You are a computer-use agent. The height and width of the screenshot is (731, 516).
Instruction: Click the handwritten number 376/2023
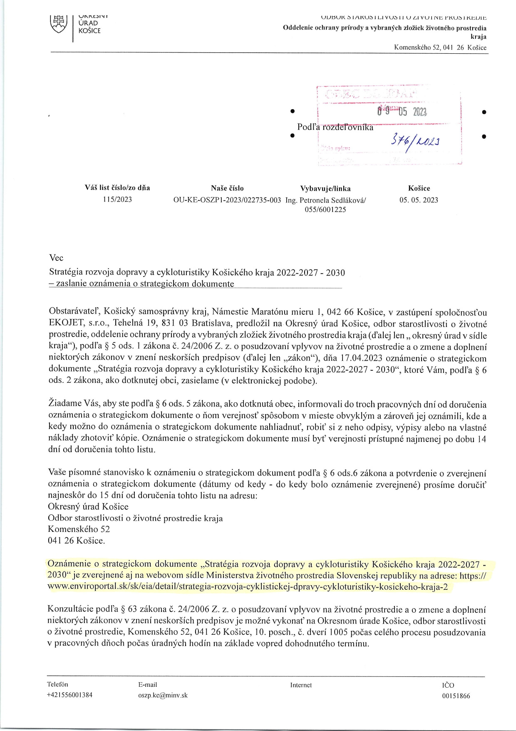[x=415, y=141]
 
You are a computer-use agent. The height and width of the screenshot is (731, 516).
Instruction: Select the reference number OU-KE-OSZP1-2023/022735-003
[x=227, y=200]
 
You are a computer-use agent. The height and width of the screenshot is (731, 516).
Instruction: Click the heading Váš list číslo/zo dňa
[x=117, y=188]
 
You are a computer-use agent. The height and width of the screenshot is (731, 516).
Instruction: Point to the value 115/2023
[x=117, y=200]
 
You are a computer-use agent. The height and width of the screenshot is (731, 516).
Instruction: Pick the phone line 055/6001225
[x=325, y=210]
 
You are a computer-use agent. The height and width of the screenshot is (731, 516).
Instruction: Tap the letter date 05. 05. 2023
[x=419, y=200]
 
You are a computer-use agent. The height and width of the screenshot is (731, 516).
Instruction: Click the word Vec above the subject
[x=56, y=258]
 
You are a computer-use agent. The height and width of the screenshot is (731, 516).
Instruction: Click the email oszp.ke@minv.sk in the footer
[x=163, y=695]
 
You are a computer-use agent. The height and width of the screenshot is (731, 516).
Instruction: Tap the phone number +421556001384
[x=70, y=695]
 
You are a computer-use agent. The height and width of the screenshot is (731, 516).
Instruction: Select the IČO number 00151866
[x=456, y=696]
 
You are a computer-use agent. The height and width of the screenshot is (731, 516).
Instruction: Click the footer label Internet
[x=301, y=685]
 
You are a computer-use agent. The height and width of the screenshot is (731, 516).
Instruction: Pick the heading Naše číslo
[x=227, y=188]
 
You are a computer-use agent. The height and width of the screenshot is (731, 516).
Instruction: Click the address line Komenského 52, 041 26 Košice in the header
[x=440, y=47]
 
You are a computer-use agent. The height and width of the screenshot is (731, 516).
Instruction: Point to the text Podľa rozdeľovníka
[x=335, y=127]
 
